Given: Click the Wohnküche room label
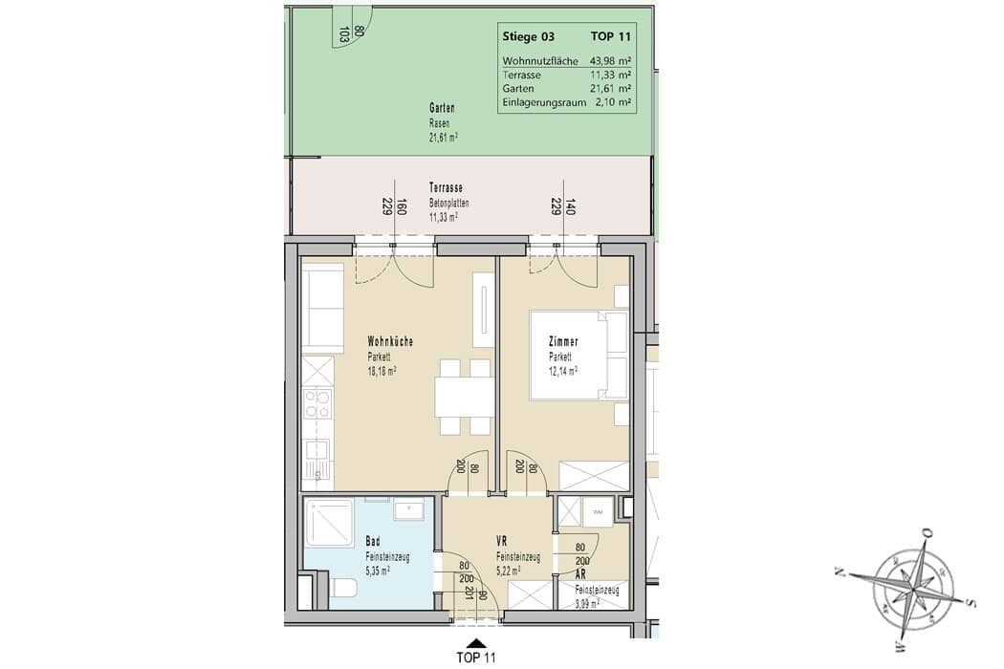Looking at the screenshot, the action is coord(390,342).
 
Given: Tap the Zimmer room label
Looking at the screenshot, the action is coord(563,342).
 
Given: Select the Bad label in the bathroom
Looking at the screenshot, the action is coord(373,542).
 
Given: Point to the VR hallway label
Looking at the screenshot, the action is coord(501,542).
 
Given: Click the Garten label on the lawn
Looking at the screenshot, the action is coord(442,109).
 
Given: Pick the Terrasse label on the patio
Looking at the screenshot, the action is coord(446,188).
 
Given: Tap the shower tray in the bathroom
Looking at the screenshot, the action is coord(329,523).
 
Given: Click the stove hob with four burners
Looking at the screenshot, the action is coord(317,404).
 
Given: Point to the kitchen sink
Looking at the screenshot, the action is coord(317,459).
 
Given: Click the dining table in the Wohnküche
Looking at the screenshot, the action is coord(465,397).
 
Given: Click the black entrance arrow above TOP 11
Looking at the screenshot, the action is coord(475,643).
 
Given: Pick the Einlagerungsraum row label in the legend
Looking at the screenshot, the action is coord(544,102).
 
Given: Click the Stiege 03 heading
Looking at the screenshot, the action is coord(528,36).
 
